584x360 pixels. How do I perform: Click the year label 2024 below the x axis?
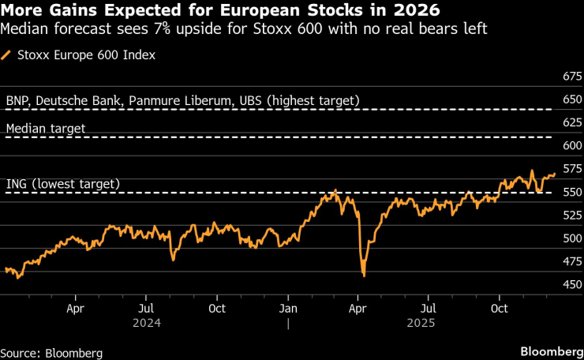click(x=148, y=323)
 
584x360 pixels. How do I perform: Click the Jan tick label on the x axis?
click(x=289, y=309)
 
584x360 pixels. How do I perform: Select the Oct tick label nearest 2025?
click(x=499, y=309)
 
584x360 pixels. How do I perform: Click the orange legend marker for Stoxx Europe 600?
click(x=7, y=55)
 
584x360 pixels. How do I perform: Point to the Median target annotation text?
click(x=46, y=128)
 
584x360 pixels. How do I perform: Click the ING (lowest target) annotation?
click(x=63, y=184)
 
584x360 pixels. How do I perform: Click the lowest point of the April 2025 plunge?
click(x=364, y=276)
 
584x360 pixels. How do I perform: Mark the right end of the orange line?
click(x=555, y=174)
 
